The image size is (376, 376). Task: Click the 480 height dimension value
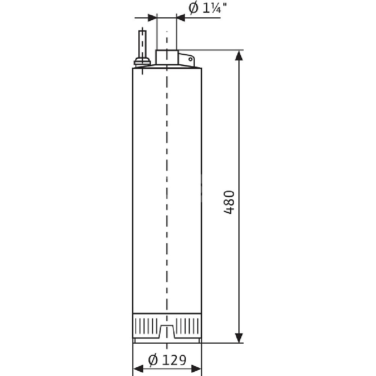click(x=229, y=202)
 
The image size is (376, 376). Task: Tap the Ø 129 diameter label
click(x=167, y=360)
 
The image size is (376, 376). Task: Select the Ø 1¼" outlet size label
click(x=207, y=8)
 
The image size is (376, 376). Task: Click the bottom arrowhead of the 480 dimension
click(x=239, y=337)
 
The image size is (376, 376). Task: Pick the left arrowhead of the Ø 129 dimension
click(x=138, y=368)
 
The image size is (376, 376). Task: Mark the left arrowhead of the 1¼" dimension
click(x=152, y=18)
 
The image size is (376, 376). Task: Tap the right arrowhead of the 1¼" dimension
click(x=181, y=18)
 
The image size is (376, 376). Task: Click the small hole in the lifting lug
click(x=190, y=59)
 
